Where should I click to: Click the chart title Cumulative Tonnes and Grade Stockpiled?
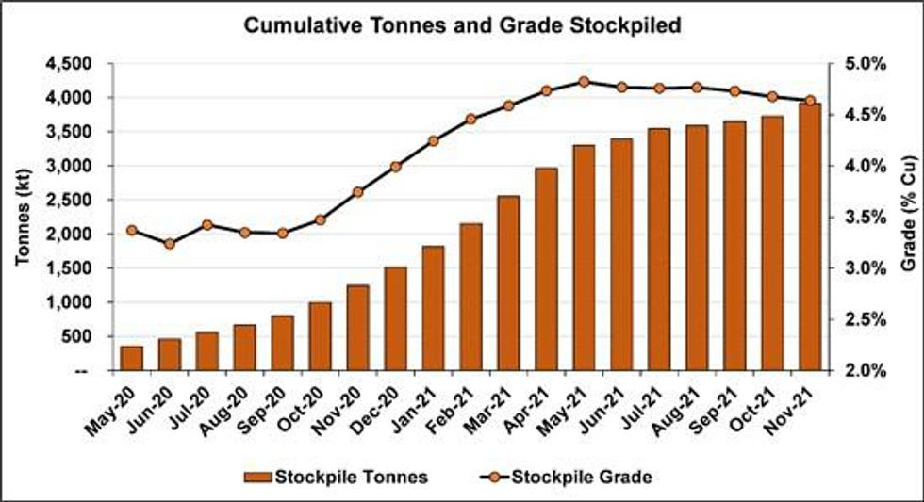pos(462,25)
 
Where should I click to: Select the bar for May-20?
pos(132,359)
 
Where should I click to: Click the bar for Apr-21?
pos(546,269)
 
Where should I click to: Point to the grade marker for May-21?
pos(584,82)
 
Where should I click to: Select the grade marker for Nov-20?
pos(357,192)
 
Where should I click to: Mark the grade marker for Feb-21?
pos(470,119)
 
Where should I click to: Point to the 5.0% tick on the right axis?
pos(857,64)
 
